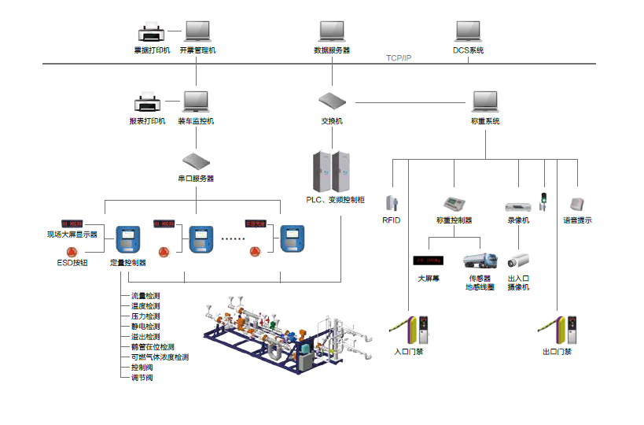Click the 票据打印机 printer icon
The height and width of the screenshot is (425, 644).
point(151,33)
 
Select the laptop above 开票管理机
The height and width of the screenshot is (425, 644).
point(197,31)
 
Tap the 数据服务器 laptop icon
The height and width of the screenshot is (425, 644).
point(332,31)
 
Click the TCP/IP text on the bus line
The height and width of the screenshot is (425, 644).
point(399,59)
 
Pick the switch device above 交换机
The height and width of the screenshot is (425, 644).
point(332,101)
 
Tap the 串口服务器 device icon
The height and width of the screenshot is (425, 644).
point(195,161)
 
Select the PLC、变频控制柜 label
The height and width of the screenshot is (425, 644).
point(335,199)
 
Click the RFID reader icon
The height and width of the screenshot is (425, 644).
point(391,202)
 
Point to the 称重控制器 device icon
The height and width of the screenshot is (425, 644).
point(454,202)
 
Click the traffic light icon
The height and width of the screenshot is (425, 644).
point(543,201)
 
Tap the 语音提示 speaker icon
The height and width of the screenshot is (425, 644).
point(578,203)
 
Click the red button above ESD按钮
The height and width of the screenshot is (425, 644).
point(72,251)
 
